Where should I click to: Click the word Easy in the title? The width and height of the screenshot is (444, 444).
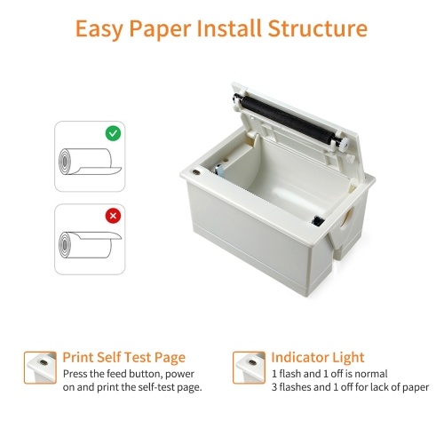coord(99,29)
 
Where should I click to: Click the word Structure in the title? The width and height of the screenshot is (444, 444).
coord(318,28)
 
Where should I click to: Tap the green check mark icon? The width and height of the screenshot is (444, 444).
coord(113,133)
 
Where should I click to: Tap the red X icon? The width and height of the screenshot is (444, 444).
coord(113,216)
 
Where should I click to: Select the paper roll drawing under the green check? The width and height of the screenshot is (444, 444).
coord(90,162)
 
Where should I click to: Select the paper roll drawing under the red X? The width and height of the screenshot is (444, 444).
coord(90,244)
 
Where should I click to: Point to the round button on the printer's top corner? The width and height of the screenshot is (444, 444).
coord(195,172)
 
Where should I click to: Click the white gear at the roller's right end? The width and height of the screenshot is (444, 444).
coord(344,144)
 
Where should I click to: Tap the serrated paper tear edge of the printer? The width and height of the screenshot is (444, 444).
coord(264,197)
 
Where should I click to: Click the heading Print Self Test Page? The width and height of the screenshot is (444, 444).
coord(124,358)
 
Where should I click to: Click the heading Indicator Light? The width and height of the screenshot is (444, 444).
coord(318,357)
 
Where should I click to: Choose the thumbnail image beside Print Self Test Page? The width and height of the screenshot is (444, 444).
coord(40,368)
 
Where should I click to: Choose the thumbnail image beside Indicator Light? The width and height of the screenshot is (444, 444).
coord(249,368)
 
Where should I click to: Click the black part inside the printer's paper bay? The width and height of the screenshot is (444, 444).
coord(318,221)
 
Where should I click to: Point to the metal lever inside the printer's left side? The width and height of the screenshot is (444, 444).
coord(220,170)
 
